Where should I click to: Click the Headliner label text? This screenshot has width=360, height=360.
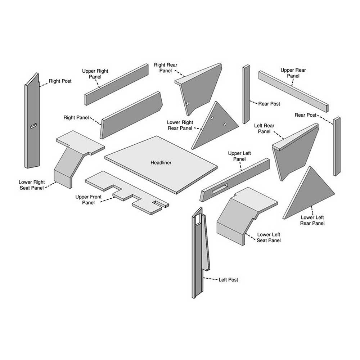pos(161,163)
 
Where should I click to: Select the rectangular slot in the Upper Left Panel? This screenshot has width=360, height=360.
pos(220,188)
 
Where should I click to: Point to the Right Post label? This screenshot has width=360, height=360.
pos(60,81)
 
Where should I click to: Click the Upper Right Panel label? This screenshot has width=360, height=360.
pos(95,74)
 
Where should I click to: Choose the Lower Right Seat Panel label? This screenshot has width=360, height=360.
pos(32,185)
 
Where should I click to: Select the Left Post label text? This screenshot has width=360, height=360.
pos(228,280)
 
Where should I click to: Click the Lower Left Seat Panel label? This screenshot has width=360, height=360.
pos(269,238)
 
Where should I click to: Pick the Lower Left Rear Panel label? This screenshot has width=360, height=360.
pos(312,220)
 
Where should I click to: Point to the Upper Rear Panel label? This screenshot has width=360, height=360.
pos(293,73)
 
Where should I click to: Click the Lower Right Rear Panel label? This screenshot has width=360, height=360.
pos(180,126)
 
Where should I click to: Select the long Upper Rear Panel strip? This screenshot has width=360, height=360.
pos(293,91)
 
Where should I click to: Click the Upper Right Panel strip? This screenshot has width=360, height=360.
pos(116,85)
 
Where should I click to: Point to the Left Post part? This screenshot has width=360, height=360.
pos(198,252)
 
